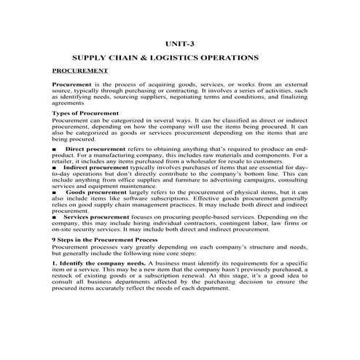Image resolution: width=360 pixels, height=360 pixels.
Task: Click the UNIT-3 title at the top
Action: click(x=180, y=44)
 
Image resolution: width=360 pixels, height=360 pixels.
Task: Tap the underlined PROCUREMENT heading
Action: click(x=80, y=71)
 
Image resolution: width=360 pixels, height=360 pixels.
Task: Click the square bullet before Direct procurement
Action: click(x=55, y=147)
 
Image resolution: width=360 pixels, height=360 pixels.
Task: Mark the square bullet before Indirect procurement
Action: click(x=55, y=167)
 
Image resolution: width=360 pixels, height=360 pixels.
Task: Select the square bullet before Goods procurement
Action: click(x=55, y=192)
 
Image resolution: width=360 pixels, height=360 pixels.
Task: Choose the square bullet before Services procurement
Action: click(x=55, y=217)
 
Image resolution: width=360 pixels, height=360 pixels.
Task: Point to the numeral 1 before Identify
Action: click(x=54, y=262)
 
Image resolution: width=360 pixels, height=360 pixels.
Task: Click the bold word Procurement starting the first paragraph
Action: click(x=71, y=85)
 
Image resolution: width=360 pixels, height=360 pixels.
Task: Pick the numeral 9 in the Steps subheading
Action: click(x=54, y=239)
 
